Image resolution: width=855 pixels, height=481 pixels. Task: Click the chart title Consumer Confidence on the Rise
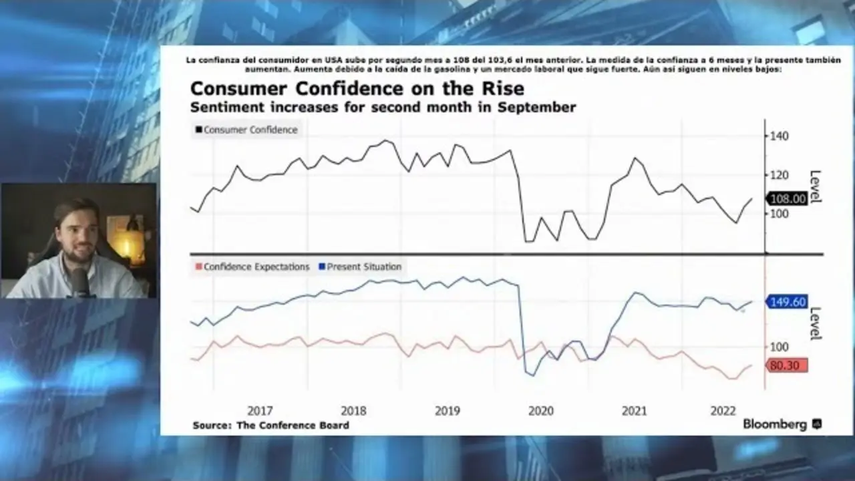(357, 89)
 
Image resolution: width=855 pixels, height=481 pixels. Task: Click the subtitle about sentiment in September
(383, 107)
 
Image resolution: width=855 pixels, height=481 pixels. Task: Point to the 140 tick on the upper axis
(780, 136)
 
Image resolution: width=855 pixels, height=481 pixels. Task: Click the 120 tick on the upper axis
(780, 175)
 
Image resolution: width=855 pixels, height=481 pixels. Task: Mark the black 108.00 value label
(788, 198)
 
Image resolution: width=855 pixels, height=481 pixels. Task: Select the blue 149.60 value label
(788, 302)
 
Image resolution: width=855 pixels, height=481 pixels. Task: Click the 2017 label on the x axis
(260, 411)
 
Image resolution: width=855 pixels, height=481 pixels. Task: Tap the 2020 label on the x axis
(541, 411)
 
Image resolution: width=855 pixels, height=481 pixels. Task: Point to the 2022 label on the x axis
(723, 411)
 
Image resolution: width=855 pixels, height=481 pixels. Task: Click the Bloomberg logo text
(775, 425)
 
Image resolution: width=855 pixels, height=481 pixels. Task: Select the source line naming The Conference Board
(271, 426)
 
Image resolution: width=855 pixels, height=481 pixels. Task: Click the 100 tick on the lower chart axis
(780, 347)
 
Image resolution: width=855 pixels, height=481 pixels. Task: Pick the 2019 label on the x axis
(448, 411)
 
